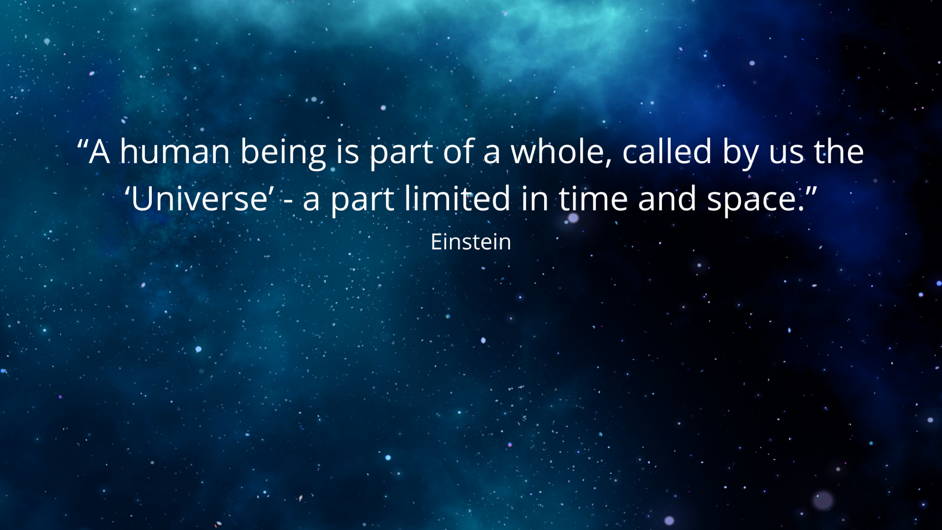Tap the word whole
[557, 151]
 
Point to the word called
[667, 151]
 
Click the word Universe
[199, 199]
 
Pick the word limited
[457, 198]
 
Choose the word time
[593, 198]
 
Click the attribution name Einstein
[471, 242]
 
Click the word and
[667, 198]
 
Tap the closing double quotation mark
[811, 191]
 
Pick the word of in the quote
[458, 151]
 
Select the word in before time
[534, 199]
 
